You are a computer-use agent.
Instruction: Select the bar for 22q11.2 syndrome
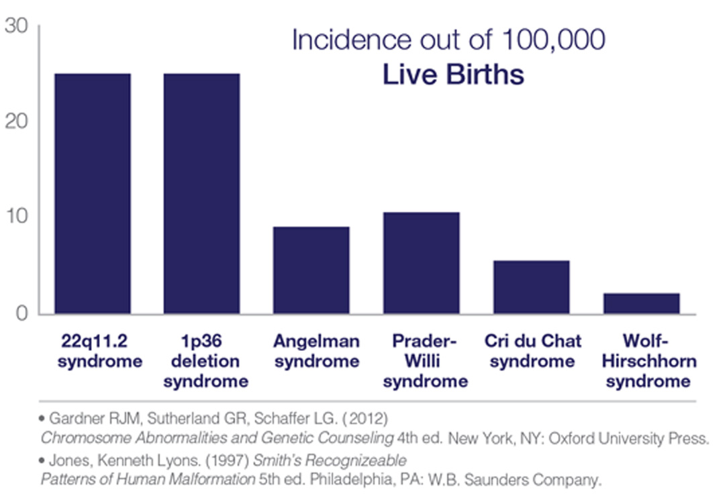click(93, 194)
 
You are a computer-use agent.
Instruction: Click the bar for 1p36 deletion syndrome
click(201, 194)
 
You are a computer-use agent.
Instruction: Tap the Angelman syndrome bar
click(311, 270)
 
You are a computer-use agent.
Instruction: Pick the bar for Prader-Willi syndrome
click(421, 263)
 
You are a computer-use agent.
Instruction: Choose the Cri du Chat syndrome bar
click(531, 288)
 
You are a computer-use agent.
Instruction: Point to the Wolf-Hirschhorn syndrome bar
click(641, 304)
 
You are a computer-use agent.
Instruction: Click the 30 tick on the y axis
click(16, 26)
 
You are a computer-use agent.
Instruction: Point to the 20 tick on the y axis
click(16, 121)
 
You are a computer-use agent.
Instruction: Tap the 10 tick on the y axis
click(17, 216)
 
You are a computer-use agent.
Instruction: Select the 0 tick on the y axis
click(21, 313)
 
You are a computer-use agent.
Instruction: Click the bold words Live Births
click(453, 74)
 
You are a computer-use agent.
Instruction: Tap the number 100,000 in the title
click(553, 40)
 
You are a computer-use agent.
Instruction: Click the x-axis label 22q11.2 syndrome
click(99, 351)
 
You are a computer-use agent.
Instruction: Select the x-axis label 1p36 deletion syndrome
click(206, 361)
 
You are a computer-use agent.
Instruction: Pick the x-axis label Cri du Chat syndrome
click(532, 351)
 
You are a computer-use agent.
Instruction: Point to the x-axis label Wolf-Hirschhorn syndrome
click(648, 361)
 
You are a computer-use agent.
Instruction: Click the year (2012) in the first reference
click(365, 419)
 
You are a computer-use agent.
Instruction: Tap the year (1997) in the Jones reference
click(228, 460)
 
